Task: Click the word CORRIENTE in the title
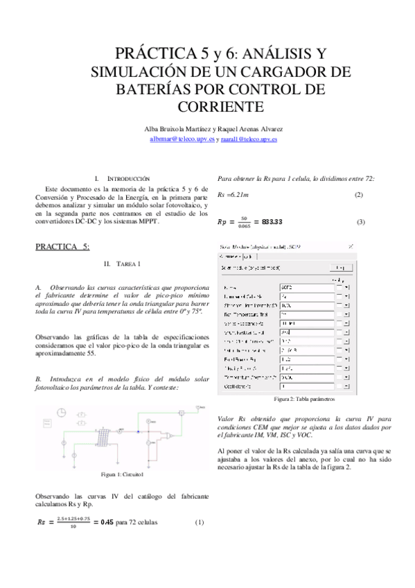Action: pyautogui.click(x=220, y=107)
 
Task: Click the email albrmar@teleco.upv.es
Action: pyautogui.click(x=182, y=139)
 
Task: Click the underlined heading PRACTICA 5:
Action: pyautogui.click(x=62, y=246)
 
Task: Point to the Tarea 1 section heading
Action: pyautogui.click(x=121, y=264)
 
